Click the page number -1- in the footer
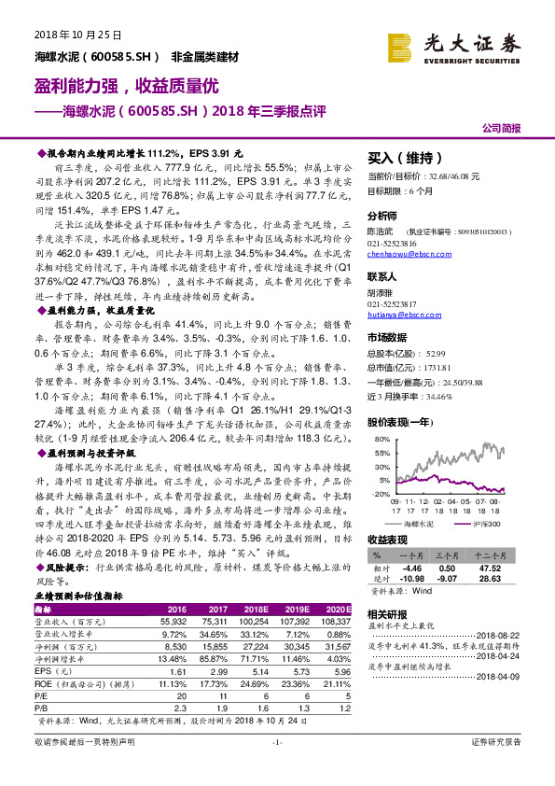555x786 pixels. (277, 767)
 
